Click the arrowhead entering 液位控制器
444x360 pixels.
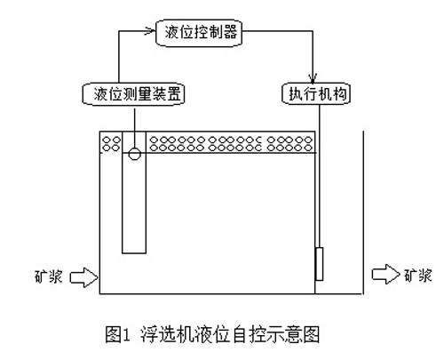150,31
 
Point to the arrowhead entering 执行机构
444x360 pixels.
313,78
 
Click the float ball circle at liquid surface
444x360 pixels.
134,154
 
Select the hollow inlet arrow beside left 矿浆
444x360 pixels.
83,277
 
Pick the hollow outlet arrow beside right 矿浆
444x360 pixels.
385,274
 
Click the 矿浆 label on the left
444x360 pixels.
49,276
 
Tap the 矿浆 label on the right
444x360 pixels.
418,275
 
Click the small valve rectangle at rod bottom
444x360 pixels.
319,264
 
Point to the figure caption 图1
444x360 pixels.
117,334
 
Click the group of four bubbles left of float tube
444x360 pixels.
111,144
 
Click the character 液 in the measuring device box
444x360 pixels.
100,94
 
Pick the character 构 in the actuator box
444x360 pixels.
339,94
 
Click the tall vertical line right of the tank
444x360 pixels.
363,212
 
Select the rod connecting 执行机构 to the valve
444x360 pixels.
320,176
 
